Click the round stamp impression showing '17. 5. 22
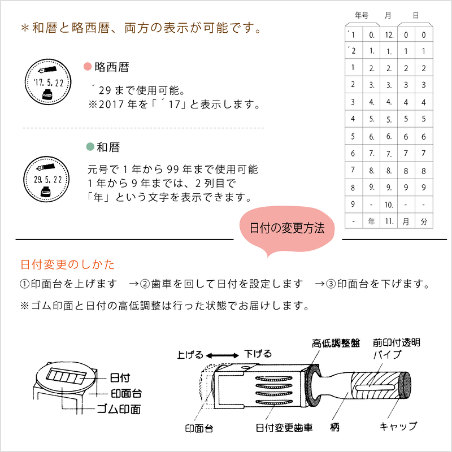click(x=48, y=82)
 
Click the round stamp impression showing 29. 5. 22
click(x=48, y=180)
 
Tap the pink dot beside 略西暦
click(x=87, y=67)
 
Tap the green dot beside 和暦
click(x=89, y=147)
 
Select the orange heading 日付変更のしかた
click(x=67, y=264)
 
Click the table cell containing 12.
click(x=389, y=35)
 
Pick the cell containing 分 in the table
click(x=423, y=221)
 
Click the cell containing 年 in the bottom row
click(x=371, y=221)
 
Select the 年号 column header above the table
click(x=362, y=15)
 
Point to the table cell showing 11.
click(x=389, y=221)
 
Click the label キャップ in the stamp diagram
click(x=398, y=426)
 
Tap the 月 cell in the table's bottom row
click(x=406, y=221)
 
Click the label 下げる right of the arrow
click(x=258, y=354)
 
